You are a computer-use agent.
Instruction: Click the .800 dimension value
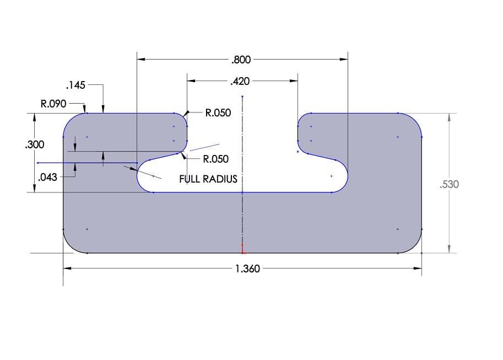pos(241,59)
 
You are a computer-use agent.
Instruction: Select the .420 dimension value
pos(240,82)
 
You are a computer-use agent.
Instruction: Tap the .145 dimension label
pos(75,85)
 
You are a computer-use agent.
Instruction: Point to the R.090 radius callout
pos(53,103)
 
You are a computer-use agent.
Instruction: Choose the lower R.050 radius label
pos(215,159)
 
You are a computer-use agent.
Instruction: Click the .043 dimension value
pos(47,178)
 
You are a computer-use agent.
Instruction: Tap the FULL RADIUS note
pos(208,179)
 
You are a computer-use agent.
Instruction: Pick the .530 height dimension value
pos(450,184)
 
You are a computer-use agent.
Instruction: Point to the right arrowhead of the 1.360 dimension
pos(418,268)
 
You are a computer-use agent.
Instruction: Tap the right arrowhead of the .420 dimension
pos(294,82)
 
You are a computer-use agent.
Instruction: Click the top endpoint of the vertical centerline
pos(242,96)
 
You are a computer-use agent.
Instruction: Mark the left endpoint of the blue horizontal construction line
pos(37,163)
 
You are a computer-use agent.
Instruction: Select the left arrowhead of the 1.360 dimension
pos(67,268)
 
